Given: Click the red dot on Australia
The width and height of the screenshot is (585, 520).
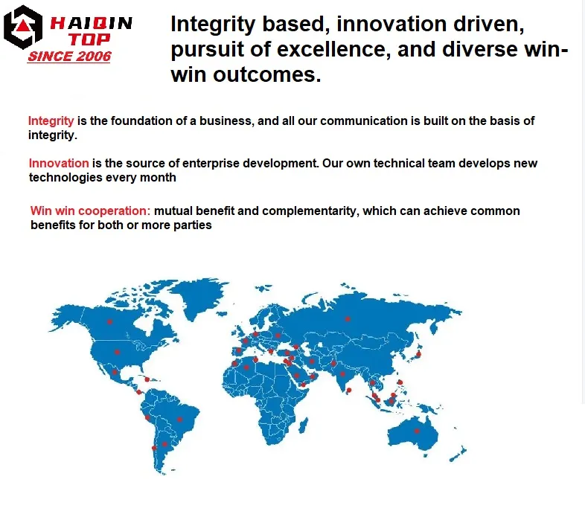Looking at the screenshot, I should coord(417,430).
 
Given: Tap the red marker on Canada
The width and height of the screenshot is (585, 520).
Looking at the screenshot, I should coord(109,321).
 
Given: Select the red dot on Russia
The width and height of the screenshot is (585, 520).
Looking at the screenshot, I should coord(346,319).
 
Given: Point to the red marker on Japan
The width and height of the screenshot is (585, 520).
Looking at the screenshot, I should coord(418,354).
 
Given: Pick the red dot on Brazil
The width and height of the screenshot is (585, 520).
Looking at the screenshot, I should coord(179,419).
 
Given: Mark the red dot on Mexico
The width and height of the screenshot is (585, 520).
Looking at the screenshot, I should coord(115,372).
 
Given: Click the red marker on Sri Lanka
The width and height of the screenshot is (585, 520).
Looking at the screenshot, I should coord(348,390).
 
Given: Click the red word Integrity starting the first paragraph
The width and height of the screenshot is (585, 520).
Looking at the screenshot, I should coord(51,121).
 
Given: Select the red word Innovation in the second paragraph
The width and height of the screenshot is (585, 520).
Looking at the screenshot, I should coord(59,163).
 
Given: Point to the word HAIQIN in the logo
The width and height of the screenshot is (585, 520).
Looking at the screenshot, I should coord(90,23).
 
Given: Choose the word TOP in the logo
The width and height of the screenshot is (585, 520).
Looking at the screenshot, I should coord(91,39).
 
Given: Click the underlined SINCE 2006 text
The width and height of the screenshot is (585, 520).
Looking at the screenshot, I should coord(68,57).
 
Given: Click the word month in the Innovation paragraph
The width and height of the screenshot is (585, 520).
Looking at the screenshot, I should coord(159,177).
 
